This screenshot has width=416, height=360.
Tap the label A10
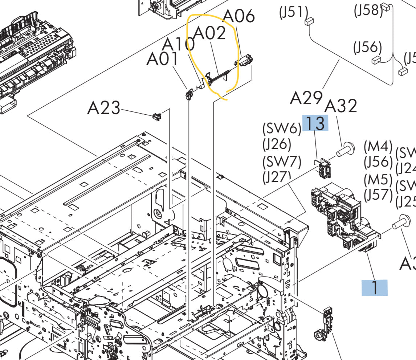point(178,44)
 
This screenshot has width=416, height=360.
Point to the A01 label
point(162,59)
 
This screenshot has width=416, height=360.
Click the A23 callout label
point(103,108)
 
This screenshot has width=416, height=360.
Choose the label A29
point(306,98)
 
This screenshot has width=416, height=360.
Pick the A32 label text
point(340,106)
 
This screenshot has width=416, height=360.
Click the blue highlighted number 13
point(315,123)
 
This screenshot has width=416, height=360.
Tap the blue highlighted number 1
point(374,288)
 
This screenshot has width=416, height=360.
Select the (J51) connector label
point(293,13)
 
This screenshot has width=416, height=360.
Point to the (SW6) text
point(282,128)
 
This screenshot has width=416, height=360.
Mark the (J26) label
point(277,145)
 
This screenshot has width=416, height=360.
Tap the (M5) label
point(378,180)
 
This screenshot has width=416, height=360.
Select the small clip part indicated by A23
point(156,116)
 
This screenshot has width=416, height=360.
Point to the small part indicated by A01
point(189,94)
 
